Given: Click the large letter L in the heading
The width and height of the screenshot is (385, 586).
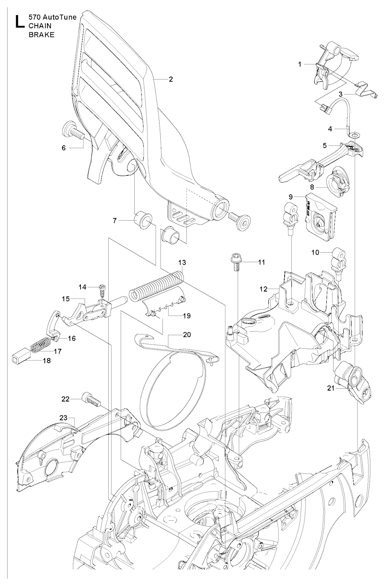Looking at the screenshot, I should coord(18,21).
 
